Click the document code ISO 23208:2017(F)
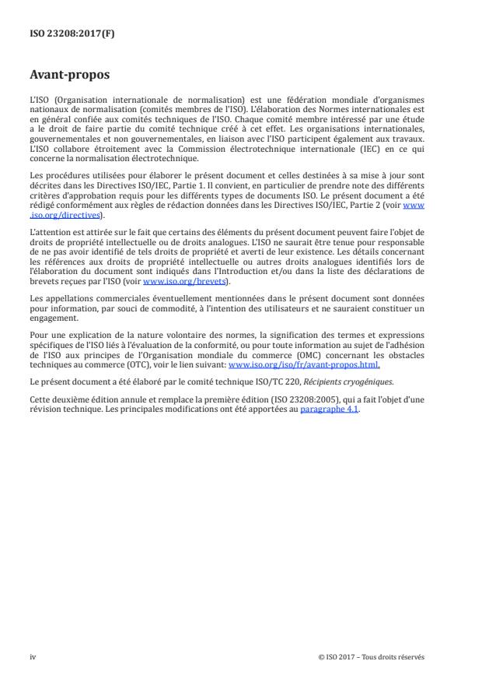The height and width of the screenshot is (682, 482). point(63,34)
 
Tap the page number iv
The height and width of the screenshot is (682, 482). point(33,656)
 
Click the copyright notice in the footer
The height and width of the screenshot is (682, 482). point(372,656)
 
